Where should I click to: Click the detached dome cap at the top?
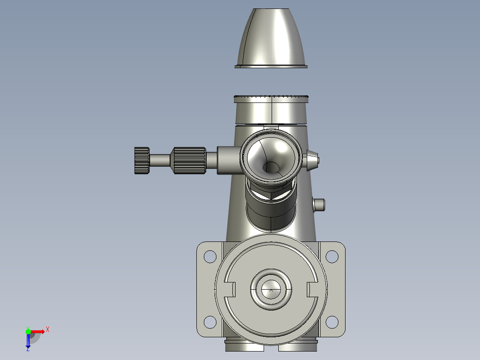[x=271, y=38]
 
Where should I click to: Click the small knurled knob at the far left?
[x=142, y=160]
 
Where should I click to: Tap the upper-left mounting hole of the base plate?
[x=210, y=257]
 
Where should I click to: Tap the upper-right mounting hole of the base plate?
[x=332, y=257]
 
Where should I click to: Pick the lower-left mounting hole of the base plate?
[x=210, y=322]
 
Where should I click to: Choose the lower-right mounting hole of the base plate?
[x=332, y=322]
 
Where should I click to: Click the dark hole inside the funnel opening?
[x=271, y=168]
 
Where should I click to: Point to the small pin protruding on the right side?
[x=319, y=205]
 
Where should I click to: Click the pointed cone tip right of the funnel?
[x=311, y=160]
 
